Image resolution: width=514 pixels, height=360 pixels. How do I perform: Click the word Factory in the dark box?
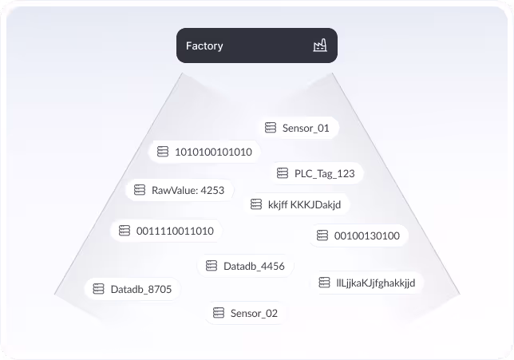click(x=204, y=46)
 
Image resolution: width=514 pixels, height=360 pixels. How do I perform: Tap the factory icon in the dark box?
click(x=320, y=46)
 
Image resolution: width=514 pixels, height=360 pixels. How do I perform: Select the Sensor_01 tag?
click(x=289, y=128)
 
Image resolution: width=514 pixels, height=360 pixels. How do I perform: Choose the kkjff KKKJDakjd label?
click(x=296, y=204)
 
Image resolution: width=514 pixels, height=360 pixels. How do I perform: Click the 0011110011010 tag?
click(x=166, y=231)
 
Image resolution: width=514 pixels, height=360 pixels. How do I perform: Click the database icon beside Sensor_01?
click(x=271, y=128)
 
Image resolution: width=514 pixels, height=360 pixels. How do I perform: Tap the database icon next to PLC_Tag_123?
click(x=282, y=173)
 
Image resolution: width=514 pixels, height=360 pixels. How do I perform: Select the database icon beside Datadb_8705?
click(x=98, y=289)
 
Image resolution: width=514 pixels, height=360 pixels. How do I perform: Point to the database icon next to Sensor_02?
click(x=218, y=313)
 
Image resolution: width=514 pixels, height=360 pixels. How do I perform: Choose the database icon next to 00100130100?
click(x=322, y=235)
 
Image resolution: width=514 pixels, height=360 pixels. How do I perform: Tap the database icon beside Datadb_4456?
click(x=212, y=266)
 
